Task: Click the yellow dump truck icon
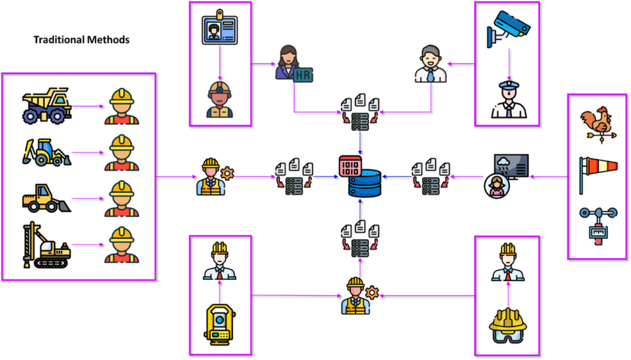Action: [47, 105]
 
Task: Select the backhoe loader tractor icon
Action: [46, 152]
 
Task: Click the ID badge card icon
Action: [219, 29]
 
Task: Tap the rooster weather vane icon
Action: [596, 121]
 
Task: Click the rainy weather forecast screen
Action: [511, 165]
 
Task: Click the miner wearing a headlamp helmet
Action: [219, 99]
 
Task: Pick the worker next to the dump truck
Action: [121, 106]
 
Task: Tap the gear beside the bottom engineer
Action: [372, 292]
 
